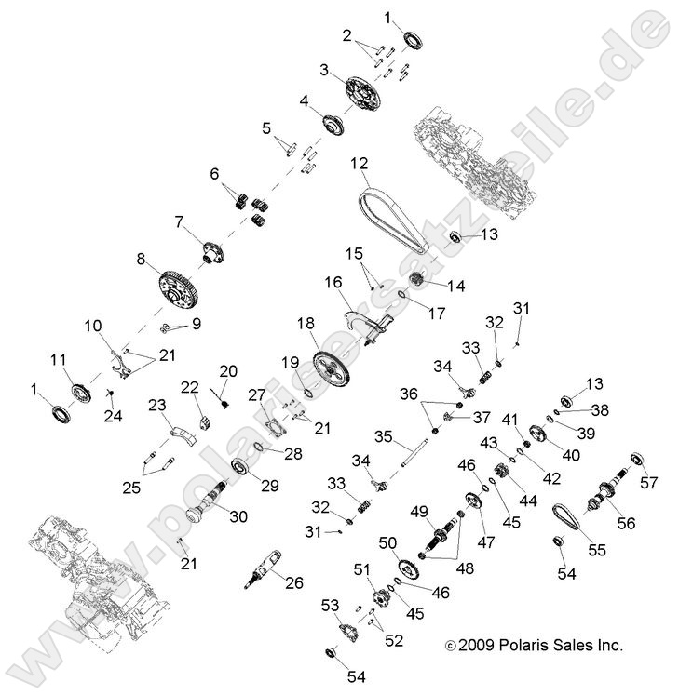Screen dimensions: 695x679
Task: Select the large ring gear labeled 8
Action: [x=179, y=286]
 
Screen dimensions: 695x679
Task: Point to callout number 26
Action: [x=294, y=584]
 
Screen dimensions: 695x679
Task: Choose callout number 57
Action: [x=648, y=482]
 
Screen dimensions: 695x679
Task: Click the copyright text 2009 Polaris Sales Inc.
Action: [x=536, y=644]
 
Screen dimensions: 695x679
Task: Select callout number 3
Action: [x=323, y=70]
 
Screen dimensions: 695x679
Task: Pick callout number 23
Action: [x=156, y=405]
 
